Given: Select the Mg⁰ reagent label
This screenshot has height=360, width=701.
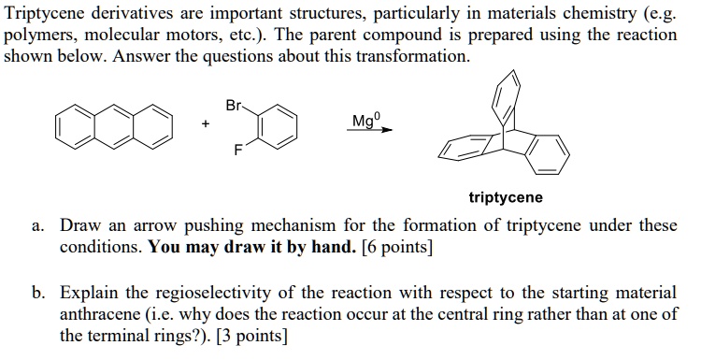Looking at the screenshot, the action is click(x=365, y=120).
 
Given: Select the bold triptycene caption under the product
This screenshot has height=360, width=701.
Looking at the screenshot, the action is click(x=505, y=198).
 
